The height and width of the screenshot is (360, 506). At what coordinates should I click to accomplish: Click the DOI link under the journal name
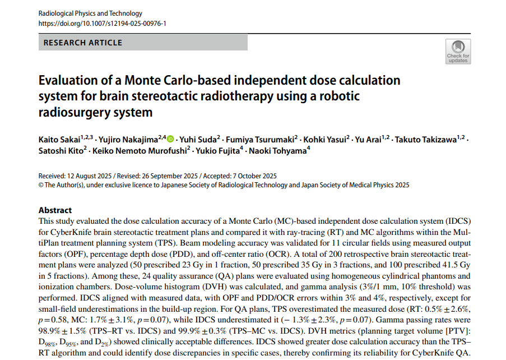tap(102, 24)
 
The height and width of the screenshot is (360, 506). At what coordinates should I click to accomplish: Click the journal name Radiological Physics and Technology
tap(90, 13)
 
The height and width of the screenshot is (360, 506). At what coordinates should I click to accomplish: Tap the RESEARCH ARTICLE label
tap(82, 42)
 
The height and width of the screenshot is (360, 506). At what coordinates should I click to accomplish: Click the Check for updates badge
tap(458, 50)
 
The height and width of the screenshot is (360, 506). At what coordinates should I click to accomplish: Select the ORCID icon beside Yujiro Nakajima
tap(170, 139)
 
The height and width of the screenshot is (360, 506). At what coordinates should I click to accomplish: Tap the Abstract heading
tap(55, 210)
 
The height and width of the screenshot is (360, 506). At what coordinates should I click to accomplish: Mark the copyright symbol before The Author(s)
tap(41, 184)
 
